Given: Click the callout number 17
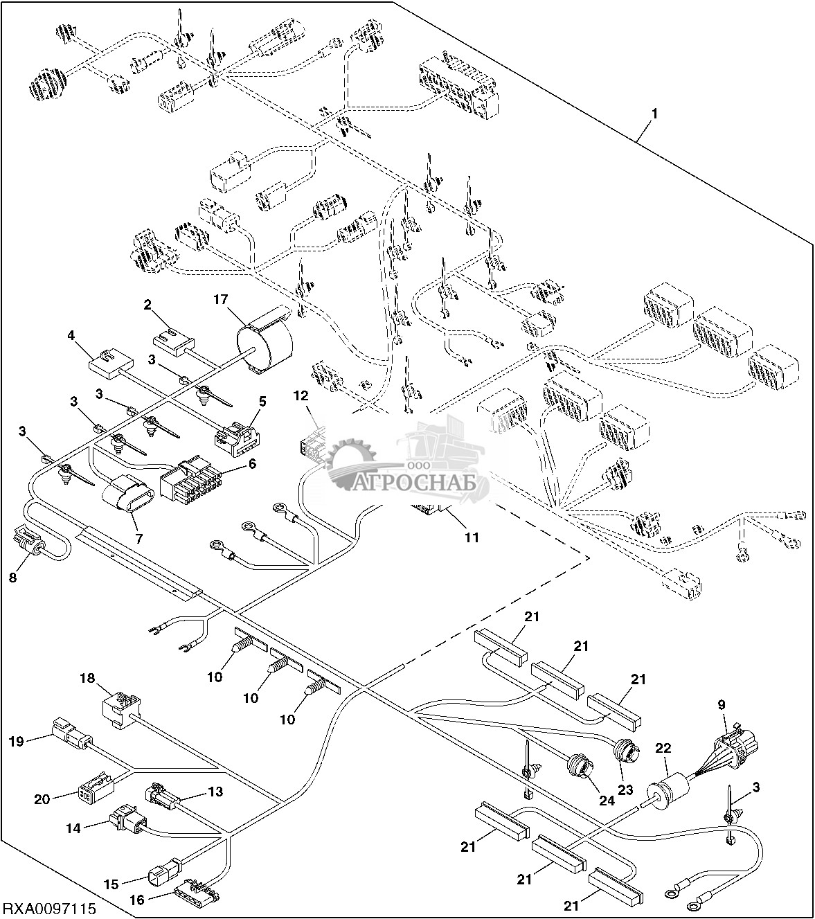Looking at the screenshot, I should click(220, 300).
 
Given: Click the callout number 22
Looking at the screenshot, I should click(663, 749).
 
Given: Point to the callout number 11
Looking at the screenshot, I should click(471, 537).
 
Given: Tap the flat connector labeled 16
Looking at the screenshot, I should click(195, 889).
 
